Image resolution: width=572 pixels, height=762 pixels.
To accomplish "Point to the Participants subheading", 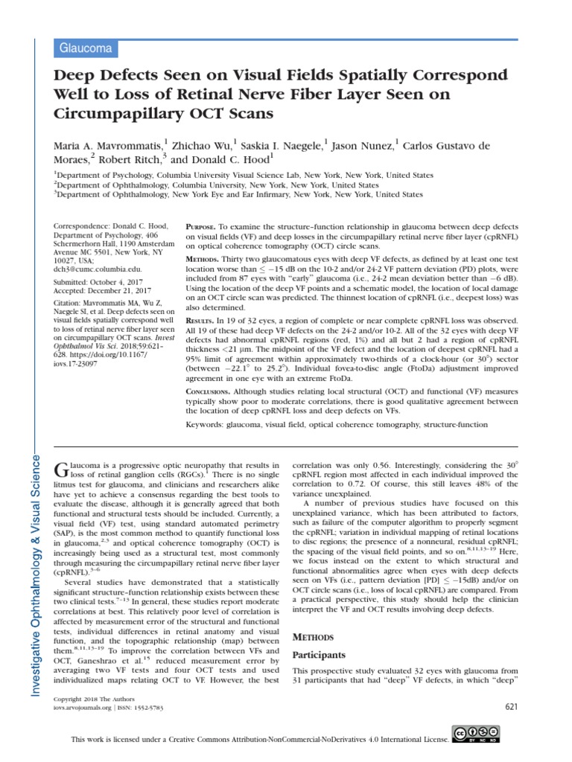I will point(320,654).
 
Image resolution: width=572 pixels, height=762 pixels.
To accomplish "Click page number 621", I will point(511,705).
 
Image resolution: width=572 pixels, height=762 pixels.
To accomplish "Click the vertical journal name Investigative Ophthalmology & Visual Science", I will point(34,566).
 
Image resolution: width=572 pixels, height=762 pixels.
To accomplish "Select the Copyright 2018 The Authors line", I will point(88,701).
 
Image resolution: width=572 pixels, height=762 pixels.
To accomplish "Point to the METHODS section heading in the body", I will point(313,637).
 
